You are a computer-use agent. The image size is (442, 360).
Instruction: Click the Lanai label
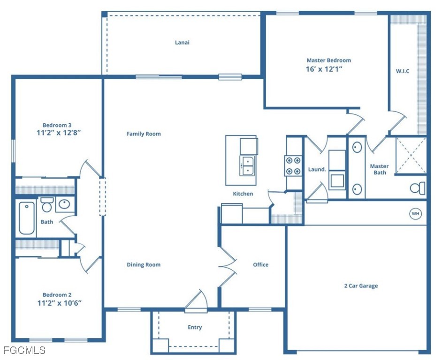pos(182,43)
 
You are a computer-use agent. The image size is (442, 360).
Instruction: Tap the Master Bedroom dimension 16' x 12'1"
pos(324,69)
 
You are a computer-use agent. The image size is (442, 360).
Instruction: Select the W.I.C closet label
pos(403,71)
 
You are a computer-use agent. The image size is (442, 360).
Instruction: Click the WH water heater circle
pos(416,214)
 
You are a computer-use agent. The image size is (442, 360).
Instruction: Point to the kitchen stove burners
pos(293,165)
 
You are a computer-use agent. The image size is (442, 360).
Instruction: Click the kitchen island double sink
pos(247,165)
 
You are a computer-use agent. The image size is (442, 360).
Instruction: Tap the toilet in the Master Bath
pos(418,188)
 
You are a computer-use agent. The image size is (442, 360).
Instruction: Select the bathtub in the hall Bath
pos(27,218)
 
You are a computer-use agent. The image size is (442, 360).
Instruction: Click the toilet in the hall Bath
pos(47,204)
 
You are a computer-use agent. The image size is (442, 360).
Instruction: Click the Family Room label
pos(144,134)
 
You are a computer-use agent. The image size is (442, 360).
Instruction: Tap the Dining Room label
pos(144,265)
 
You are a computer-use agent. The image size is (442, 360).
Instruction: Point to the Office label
pos(261,265)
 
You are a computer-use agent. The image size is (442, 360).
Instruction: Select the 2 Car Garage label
pos(361,286)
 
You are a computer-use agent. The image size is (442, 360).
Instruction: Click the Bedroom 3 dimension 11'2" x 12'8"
pos(59,132)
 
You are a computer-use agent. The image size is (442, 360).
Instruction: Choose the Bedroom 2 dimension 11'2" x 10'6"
pos(60,303)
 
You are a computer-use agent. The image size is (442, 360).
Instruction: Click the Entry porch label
pos(195,327)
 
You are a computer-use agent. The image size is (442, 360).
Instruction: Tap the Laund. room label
pos(317,169)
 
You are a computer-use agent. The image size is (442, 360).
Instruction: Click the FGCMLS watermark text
pos(24,350)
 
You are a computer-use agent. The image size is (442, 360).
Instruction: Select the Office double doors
pos(227,266)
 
